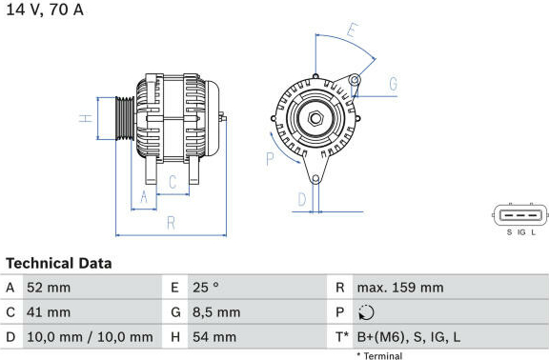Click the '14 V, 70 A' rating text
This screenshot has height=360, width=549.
(x=45, y=10)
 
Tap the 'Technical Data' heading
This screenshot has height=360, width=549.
(x=59, y=263)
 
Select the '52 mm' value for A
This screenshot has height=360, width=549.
(x=49, y=288)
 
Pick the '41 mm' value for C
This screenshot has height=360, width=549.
(x=49, y=312)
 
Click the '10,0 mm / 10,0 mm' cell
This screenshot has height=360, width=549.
(x=90, y=337)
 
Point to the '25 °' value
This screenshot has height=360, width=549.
(x=206, y=288)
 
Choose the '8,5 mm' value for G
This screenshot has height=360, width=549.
(x=216, y=312)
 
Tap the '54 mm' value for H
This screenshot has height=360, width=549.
(x=214, y=337)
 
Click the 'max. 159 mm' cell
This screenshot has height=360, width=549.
(x=400, y=288)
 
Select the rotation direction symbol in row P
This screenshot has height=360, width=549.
(x=366, y=312)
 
